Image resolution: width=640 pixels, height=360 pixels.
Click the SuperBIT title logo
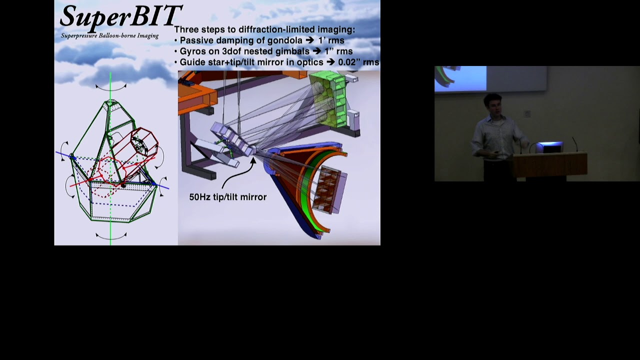coord(120,16)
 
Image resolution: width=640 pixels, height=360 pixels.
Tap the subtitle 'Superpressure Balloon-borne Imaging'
coord(109,36)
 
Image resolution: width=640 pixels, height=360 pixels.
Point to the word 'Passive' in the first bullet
coord(196,40)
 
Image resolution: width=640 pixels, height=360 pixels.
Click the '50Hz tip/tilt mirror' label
coord(227,197)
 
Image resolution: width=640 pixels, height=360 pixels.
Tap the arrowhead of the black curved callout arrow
coord(252,160)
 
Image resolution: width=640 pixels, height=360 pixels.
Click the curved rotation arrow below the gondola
coord(110,235)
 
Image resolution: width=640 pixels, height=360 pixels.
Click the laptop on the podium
coord(549,147)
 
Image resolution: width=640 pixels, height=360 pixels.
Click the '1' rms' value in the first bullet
coord(331,40)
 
